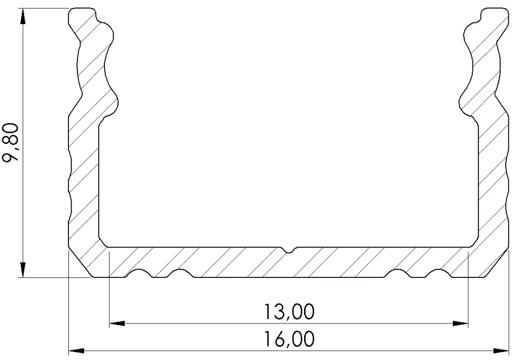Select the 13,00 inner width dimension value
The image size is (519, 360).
[289, 312]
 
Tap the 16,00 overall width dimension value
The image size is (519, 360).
[289, 339]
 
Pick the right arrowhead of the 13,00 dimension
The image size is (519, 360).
[460, 323]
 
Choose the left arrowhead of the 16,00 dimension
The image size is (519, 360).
[77, 350]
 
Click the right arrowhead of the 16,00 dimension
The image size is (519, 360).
[501, 350]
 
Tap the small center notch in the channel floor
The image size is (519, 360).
[288, 250]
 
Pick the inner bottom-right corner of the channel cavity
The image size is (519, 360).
[475, 242]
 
